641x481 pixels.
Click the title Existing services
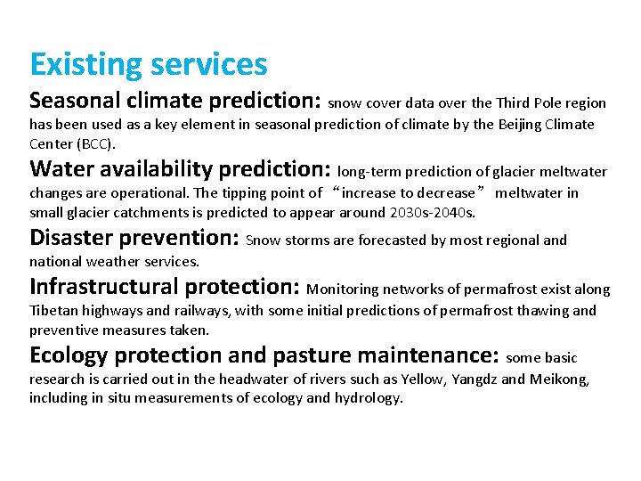click(148, 64)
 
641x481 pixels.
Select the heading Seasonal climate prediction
click(176, 100)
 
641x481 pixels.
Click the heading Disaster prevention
click(134, 238)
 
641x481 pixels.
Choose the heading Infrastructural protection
click(165, 287)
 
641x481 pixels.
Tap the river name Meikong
click(562, 379)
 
